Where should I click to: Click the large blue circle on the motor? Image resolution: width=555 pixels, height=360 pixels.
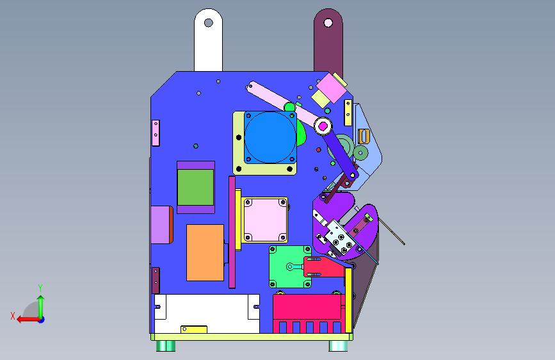(270, 138)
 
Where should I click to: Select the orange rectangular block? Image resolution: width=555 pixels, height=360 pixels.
(205, 252)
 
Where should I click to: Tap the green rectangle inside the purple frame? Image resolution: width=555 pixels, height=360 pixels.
(195, 188)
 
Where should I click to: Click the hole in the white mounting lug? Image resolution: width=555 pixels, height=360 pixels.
(209, 23)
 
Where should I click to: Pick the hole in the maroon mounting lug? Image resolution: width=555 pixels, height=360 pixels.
(328, 23)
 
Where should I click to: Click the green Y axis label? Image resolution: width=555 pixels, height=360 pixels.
(40, 288)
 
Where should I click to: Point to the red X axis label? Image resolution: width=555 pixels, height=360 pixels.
(13, 316)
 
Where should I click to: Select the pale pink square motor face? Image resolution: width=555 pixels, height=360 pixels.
(265, 220)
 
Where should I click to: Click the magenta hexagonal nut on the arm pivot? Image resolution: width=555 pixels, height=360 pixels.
(323, 126)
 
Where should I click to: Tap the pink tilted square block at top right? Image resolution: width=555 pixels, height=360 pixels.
(332, 88)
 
